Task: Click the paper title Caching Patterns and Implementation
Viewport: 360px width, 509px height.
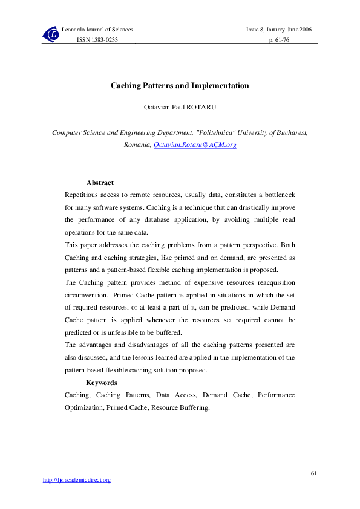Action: coord(180,86)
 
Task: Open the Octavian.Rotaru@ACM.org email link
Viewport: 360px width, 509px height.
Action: coord(195,146)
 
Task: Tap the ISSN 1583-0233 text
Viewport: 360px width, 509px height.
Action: coord(97,39)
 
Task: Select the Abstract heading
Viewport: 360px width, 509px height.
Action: coord(100,183)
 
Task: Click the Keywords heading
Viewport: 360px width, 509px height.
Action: coord(102,383)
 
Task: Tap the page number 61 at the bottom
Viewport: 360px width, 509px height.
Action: coord(313,472)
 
